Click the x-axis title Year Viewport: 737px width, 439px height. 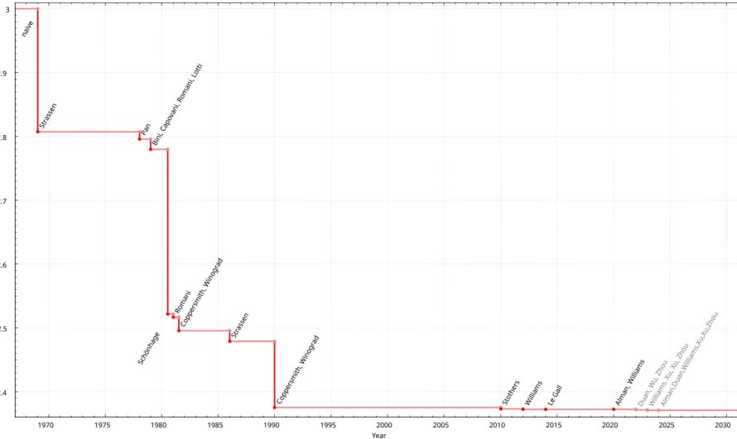378,435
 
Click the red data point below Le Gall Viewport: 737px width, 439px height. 546,409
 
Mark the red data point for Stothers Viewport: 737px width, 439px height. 501,408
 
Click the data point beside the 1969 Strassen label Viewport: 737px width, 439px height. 38,132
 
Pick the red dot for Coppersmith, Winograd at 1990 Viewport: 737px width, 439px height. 274,407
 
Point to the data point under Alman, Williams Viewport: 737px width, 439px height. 614,409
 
